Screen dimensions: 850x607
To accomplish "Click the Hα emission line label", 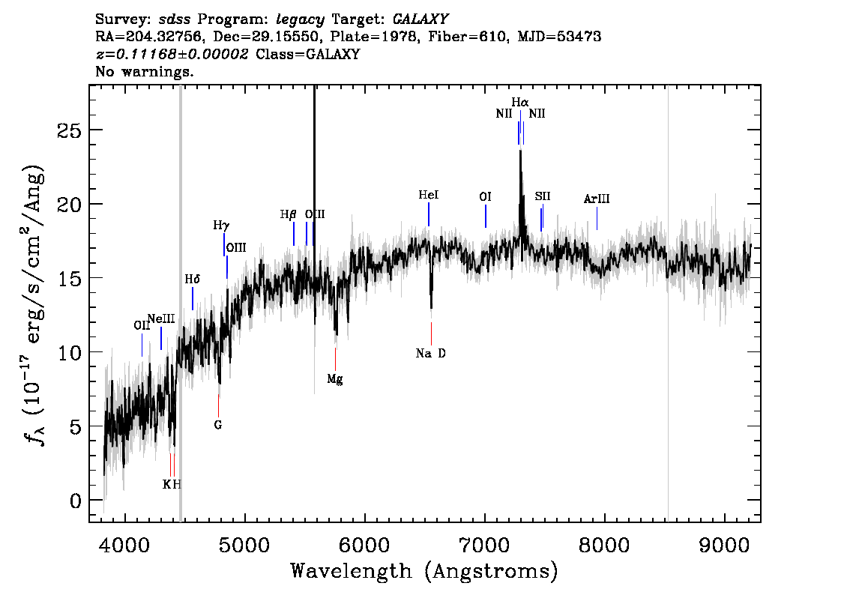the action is pos(520,102).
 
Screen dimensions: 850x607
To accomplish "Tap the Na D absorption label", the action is pos(431,354).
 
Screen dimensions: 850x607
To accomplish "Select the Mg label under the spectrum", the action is pos(335,379).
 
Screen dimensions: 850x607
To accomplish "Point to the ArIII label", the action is pos(597,199).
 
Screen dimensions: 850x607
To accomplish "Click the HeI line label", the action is pos(428,195).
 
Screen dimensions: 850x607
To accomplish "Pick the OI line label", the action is pos(485,196).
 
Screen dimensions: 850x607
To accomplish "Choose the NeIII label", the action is pos(161,318).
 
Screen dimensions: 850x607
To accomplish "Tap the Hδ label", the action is pos(193,279).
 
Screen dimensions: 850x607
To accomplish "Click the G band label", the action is pos(218,425).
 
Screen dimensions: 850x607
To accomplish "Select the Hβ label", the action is pos(288,214).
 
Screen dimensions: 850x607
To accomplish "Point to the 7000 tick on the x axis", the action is pos(485,546).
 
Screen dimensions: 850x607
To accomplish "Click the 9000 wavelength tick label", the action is pos(724,546).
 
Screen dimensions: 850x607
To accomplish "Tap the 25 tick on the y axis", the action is pos(70,130).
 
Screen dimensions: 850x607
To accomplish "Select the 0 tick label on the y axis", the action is pos(76,501).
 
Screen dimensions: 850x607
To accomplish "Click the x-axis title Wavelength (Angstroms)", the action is pos(424,571).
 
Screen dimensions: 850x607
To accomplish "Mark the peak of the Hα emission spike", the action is pos(520,151).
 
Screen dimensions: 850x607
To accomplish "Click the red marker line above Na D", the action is pos(432,333).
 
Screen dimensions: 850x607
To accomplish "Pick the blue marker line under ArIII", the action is pos(597,218).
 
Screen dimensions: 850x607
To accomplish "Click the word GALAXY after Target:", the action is pos(420,19).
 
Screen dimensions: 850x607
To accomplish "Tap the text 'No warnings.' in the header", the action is pos(144,71).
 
